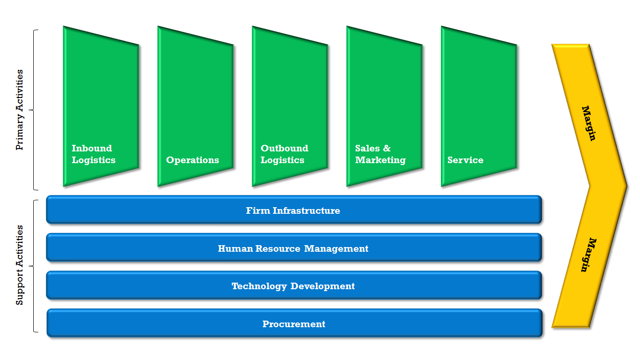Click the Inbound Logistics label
[93, 154]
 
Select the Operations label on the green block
[193, 160]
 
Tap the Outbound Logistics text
[284, 154]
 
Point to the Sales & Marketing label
[380, 154]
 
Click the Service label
[465, 160]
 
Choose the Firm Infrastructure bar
[294, 210]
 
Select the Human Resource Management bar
[294, 248]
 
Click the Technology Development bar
[294, 286]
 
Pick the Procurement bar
[294, 324]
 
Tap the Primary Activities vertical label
[20, 110]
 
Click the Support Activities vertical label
[20, 265]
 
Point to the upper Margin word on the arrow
[589, 123]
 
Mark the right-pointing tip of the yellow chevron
[625, 186]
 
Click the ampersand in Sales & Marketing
[387, 149]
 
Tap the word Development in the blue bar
[323, 286]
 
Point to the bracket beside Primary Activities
[34, 110]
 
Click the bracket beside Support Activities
[34, 266]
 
